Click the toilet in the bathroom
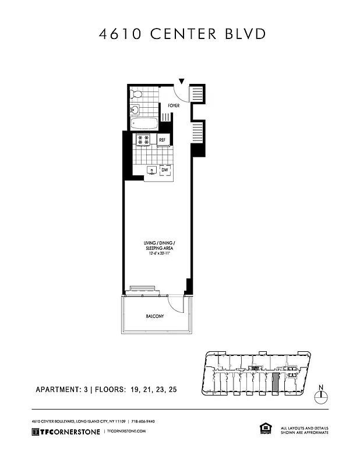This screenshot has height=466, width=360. tap(137, 94)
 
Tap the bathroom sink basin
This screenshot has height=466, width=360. tap(135, 109)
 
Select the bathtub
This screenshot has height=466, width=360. tap(144, 124)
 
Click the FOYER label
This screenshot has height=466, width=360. tap(174, 106)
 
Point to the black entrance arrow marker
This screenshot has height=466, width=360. tap(182, 82)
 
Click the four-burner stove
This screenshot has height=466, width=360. tap(143, 139)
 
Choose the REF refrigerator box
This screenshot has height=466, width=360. tap(162, 140)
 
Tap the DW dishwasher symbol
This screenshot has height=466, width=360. tap(165, 170)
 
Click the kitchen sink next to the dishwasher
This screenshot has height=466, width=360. tap(151, 170)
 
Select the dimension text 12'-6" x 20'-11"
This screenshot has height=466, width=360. tap(160, 253)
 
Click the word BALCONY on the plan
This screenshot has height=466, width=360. tap(155, 316)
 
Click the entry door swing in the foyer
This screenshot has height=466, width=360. tap(185, 93)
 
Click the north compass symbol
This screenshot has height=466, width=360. tap(320, 397)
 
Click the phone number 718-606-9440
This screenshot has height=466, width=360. tap(143, 421)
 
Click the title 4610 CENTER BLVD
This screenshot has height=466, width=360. tap(182, 34)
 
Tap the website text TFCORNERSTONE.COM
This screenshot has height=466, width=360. tap(125, 432)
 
